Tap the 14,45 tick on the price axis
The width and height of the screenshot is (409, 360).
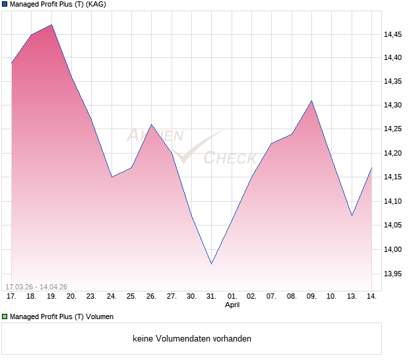click(x=393, y=34)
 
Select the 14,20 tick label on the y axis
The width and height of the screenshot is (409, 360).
click(x=393, y=154)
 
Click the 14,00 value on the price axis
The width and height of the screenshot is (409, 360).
click(x=393, y=249)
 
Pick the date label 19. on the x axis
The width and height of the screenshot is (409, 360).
click(x=51, y=297)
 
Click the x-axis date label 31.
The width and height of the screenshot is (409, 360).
click(x=211, y=297)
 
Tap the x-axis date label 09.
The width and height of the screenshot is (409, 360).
click(x=311, y=297)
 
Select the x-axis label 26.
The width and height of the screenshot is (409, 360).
click(x=151, y=297)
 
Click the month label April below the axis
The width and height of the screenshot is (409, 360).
click(x=232, y=305)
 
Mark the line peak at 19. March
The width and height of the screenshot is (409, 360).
click(x=51, y=25)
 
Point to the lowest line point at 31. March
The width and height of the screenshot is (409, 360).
click(x=211, y=264)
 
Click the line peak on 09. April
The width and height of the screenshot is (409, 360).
click(x=311, y=101)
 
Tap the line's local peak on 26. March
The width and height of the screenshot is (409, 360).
click(x=151, y=125)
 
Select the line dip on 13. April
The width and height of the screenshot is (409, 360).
click(x=352, y=216)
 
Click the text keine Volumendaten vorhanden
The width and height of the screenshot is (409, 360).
click(x=192, y=339)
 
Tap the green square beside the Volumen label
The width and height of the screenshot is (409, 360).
click(x=5, y=317)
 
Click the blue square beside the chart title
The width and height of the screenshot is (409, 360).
click(x=5, y=5)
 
